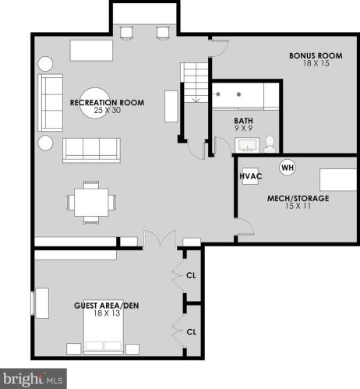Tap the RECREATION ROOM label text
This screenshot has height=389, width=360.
point(98,103)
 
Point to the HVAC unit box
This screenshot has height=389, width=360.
point(250,176)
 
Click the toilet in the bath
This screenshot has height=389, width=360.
point(270,143)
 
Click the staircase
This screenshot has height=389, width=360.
point(196,87)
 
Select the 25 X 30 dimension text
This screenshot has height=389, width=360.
point(98,111)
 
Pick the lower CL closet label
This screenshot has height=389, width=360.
point(191,331)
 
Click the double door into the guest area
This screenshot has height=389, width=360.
point(159,240)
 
